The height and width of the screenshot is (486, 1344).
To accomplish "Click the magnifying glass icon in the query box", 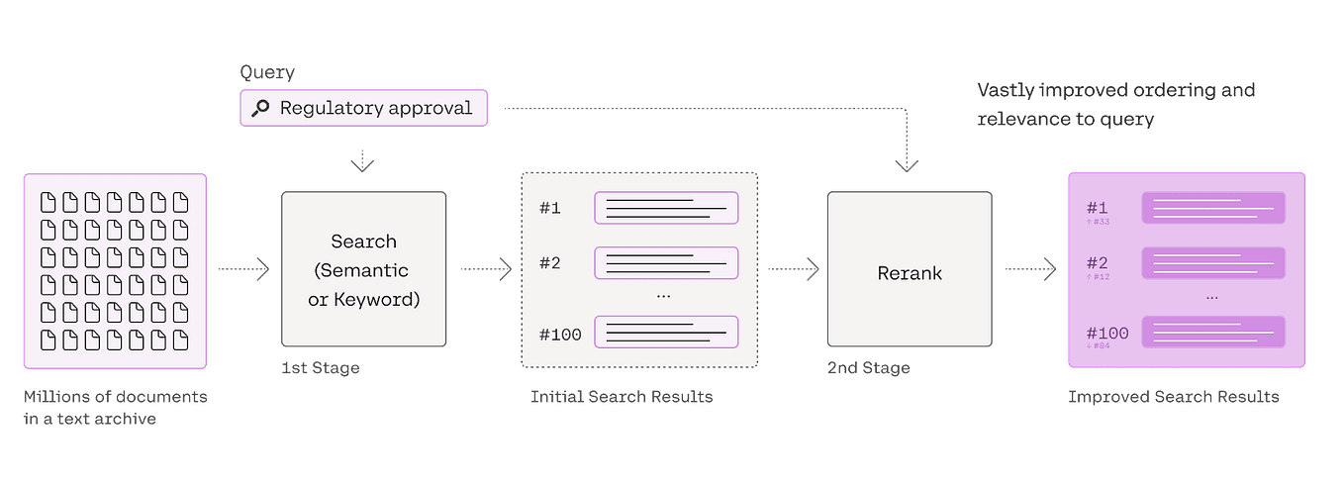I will pyautogui.click(x=260, y=108).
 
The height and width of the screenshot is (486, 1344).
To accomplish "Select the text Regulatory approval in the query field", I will pyautogui.click(x=376, y=108).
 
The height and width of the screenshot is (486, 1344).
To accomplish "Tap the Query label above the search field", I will pyautogui.click(x=267, y=73).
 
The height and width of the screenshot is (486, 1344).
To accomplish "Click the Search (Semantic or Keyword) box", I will pyautogui.click(x=363, y=269).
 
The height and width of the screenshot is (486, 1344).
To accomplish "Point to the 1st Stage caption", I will pyautogui.click(x=321, y=368).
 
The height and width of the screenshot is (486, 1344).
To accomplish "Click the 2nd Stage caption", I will pyautogui.click(x=868, y=368).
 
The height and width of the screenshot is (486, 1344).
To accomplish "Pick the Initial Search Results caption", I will pyautogui.click(x=622, y=398).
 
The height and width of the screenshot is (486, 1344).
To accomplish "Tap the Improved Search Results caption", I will pyautogui.click(x=1173, y=398).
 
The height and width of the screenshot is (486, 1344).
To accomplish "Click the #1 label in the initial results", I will pyautogui.click(x=550, y=208).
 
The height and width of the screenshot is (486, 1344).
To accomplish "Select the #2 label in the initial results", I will pyautogui.click(x=550, y=263).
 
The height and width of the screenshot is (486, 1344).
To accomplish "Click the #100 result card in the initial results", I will pyautogui.click(x=666, y=332).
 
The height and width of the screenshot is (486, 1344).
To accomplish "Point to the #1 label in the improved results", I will pyautogui.click(x=1097, y=208).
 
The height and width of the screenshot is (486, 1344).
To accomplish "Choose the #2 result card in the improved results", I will pyautogui.click(x=1212, y=263).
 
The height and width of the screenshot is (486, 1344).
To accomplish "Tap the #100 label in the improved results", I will pyautogui.click(x=1106, y=333).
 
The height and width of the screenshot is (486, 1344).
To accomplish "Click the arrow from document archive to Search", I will pyautogui.click(x=242, y=268).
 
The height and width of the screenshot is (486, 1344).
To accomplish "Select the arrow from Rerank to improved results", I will pyautogui.click(x=1032, y=268).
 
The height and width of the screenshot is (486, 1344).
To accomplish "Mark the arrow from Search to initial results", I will pyautogui.click(x=486, y=268).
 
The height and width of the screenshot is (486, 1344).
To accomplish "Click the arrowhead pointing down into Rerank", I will pyautogui.click(x=909, y=166).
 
